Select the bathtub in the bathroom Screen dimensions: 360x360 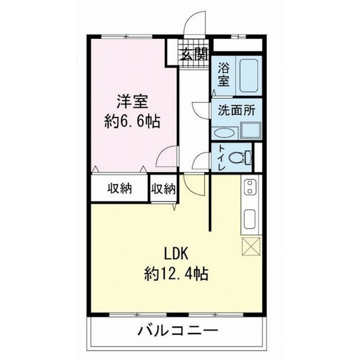tap(247, 76)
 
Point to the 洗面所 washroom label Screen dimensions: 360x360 tap(236, 110)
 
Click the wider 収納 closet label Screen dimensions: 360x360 tap(119, 188)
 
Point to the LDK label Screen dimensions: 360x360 tap(177, 251)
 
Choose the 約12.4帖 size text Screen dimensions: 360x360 tap(177, 274)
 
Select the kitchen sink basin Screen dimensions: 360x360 tap(250, 218)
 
